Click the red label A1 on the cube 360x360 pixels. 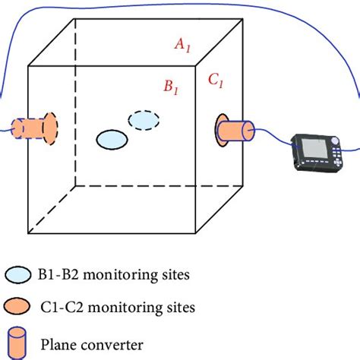click(182, 45)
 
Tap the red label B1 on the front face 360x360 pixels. click(171, 87)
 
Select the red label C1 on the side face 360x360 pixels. click(216, 81)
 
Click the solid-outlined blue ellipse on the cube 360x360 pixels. click(112, 140)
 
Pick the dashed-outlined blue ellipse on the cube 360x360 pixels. click(144, 120)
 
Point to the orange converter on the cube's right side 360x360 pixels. click(234, 131)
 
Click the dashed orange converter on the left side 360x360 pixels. click(34, 128)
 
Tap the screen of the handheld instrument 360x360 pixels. click(314, 148)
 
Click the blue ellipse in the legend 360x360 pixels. click(18, 275)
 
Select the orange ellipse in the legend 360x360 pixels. click(17, 306)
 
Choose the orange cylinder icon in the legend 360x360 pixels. click(17, 343)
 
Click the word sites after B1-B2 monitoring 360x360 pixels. click(175, 274)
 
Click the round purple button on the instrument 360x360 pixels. click(335, 141)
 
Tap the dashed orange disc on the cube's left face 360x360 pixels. click(50, 128)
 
